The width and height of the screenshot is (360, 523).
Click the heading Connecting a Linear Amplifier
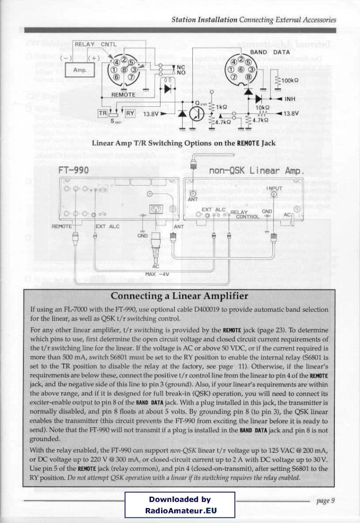(179, 296)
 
